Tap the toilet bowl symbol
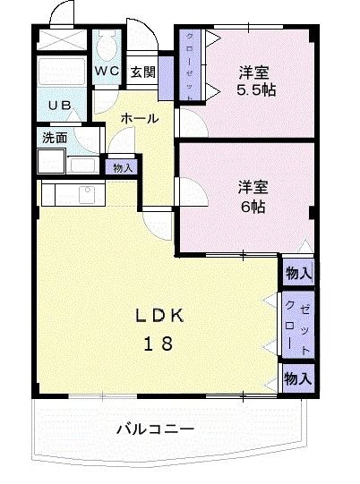pos(108,46)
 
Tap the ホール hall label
pos(140,118)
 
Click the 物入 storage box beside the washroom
pos(122,166)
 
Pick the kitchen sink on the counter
pos(88,192)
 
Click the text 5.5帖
pos(255,90)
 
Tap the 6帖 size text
pos(253,205)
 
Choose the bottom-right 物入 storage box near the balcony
pos(298,378)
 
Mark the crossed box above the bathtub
pos(62,41)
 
